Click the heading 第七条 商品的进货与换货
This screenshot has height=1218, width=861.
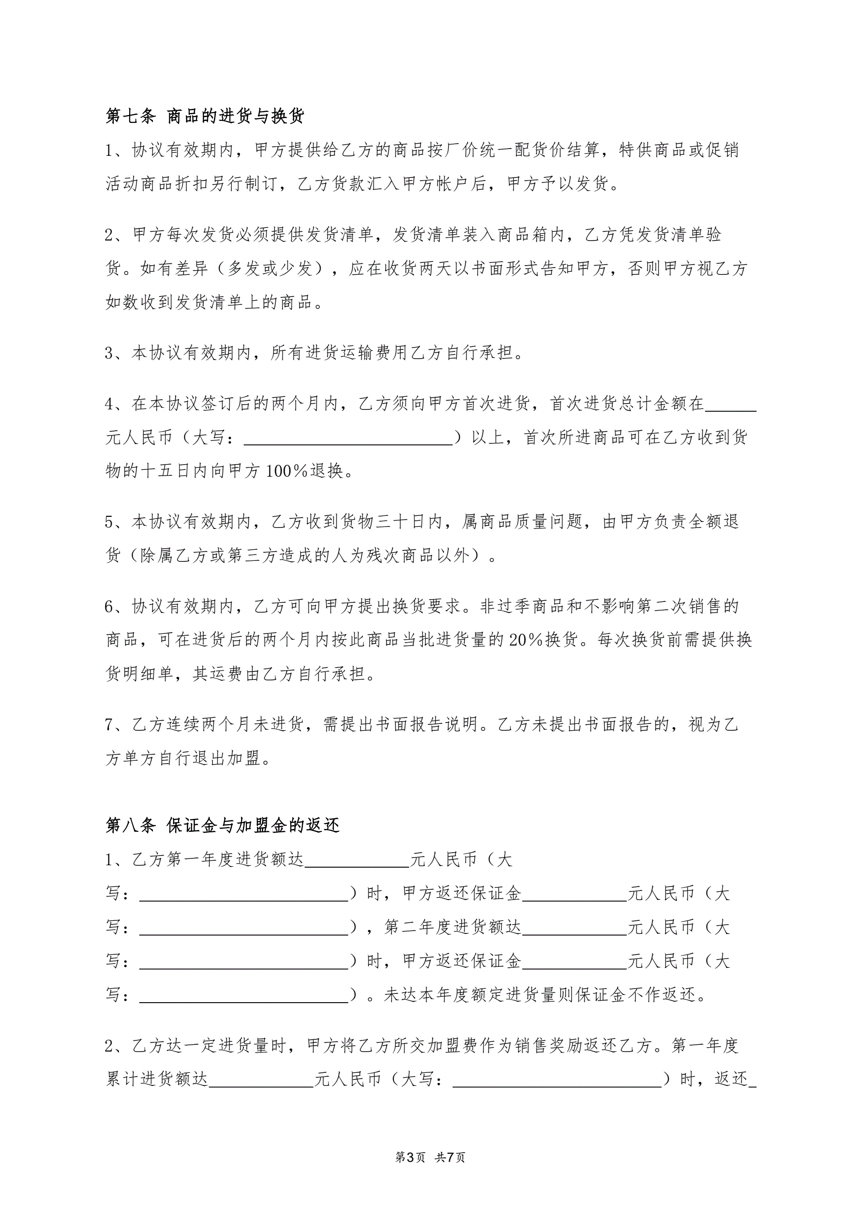205,116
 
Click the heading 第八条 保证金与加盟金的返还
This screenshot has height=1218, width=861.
222,826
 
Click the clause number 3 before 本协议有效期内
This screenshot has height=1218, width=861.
110,353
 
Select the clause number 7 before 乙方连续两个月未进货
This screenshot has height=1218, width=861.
110,724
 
